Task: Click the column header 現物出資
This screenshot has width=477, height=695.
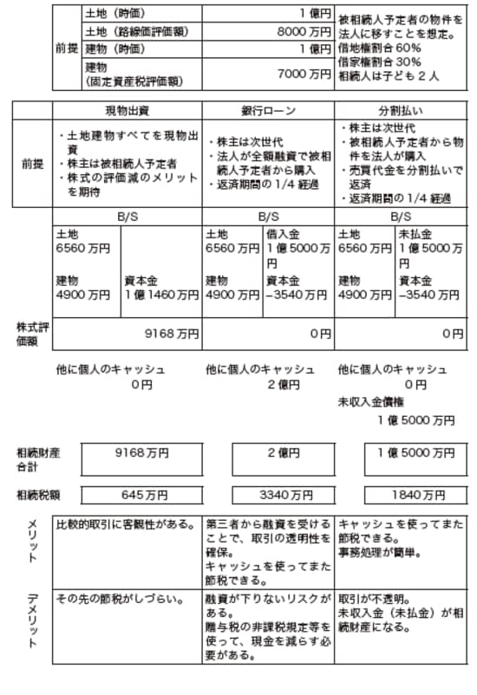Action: (x=127, y=111)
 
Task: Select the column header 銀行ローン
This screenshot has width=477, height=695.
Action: (x=268, y=111)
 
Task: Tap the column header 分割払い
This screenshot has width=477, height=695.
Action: (x=400, y=111)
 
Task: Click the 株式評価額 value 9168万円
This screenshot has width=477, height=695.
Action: (x=174, y=333)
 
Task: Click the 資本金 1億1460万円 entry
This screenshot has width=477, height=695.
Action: (x=160, y=289)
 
